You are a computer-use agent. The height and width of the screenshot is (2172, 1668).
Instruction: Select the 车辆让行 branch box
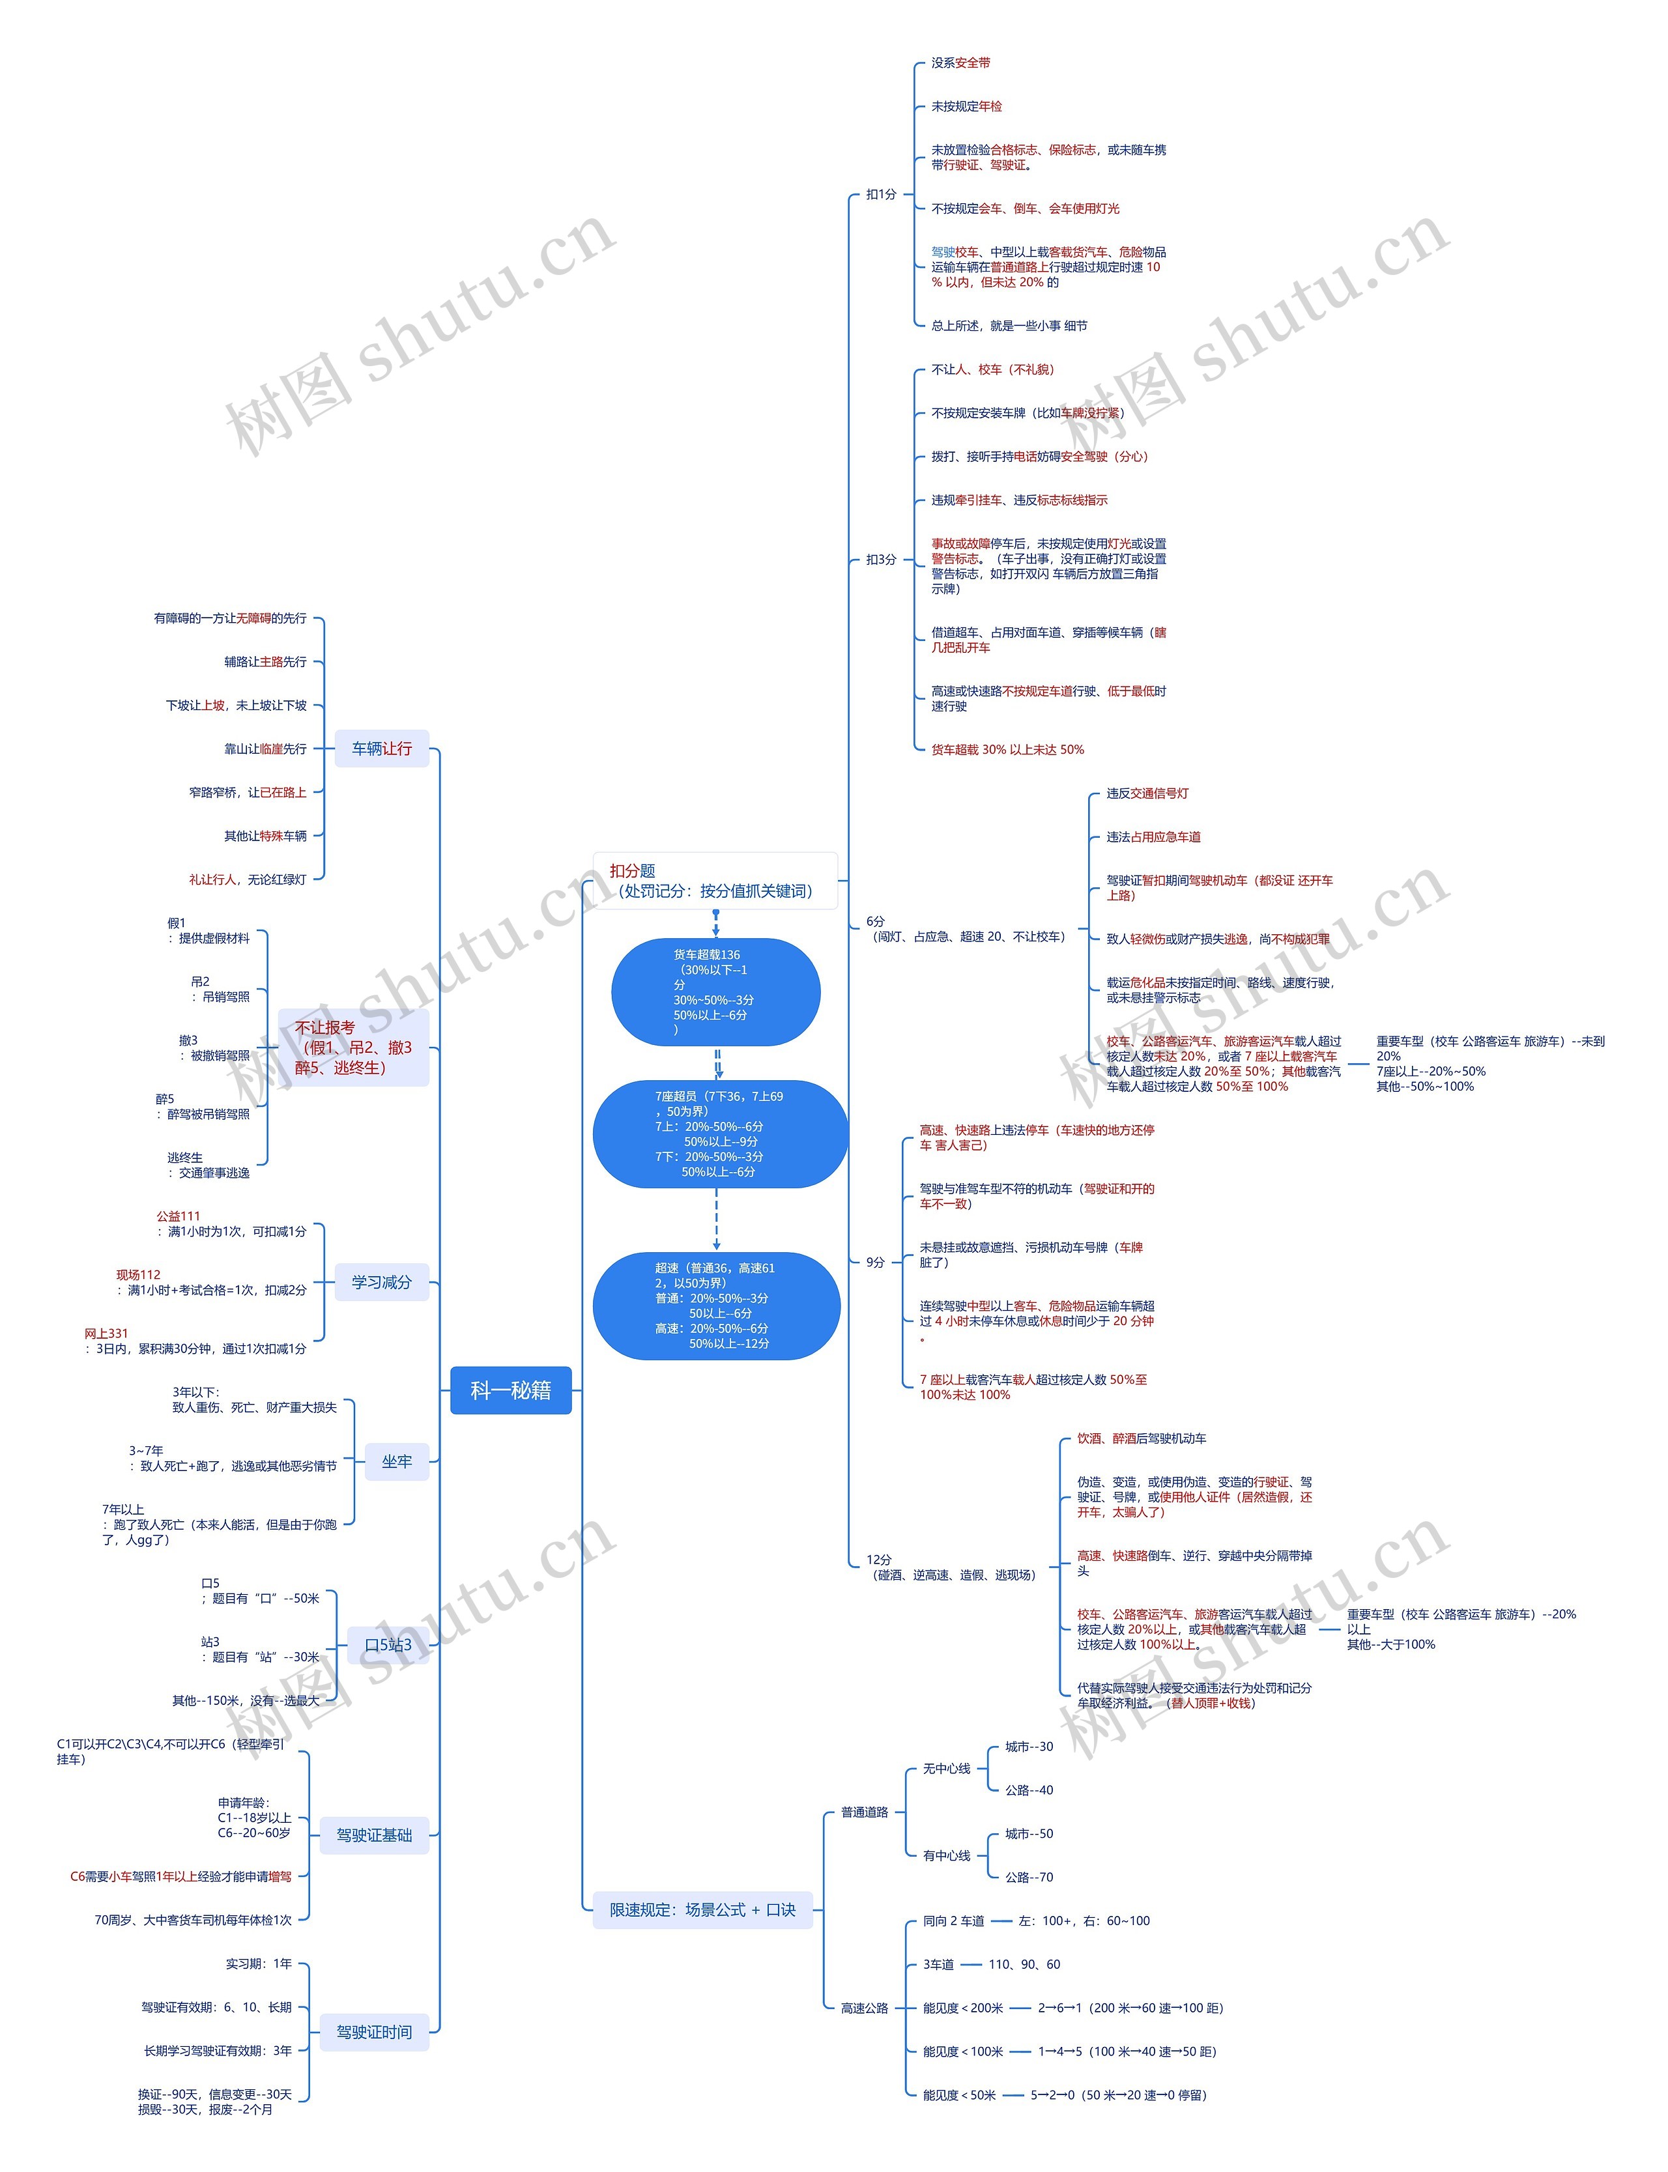[x=381, y=749]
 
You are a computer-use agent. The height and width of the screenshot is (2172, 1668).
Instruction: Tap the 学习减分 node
[x=381, y=1281]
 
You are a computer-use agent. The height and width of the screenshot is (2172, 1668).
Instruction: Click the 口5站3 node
[x=387, y=1645]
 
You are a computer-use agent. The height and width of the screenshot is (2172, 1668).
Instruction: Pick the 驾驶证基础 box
[x=373, y=1835]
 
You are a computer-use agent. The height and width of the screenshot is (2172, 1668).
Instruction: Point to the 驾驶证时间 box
[x=373, y=2032]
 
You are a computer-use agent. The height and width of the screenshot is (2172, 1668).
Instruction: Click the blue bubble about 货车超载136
[x=715, y=992]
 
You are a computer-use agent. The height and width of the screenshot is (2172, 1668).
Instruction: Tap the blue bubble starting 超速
[x=716, y=1306]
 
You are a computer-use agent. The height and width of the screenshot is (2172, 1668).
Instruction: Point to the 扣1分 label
[x=881, y=195]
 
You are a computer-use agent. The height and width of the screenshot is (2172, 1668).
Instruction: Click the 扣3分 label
[x=881, y=560]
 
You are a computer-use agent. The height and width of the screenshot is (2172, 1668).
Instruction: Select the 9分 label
[x=874, y=1262]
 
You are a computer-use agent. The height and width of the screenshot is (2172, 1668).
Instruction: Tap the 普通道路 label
[x=864, y=1812]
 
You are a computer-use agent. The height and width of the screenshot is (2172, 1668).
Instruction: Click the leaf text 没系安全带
[x=960, y=63]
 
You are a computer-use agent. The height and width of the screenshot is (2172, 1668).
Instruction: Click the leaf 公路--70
[x=1029, y=1876]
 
